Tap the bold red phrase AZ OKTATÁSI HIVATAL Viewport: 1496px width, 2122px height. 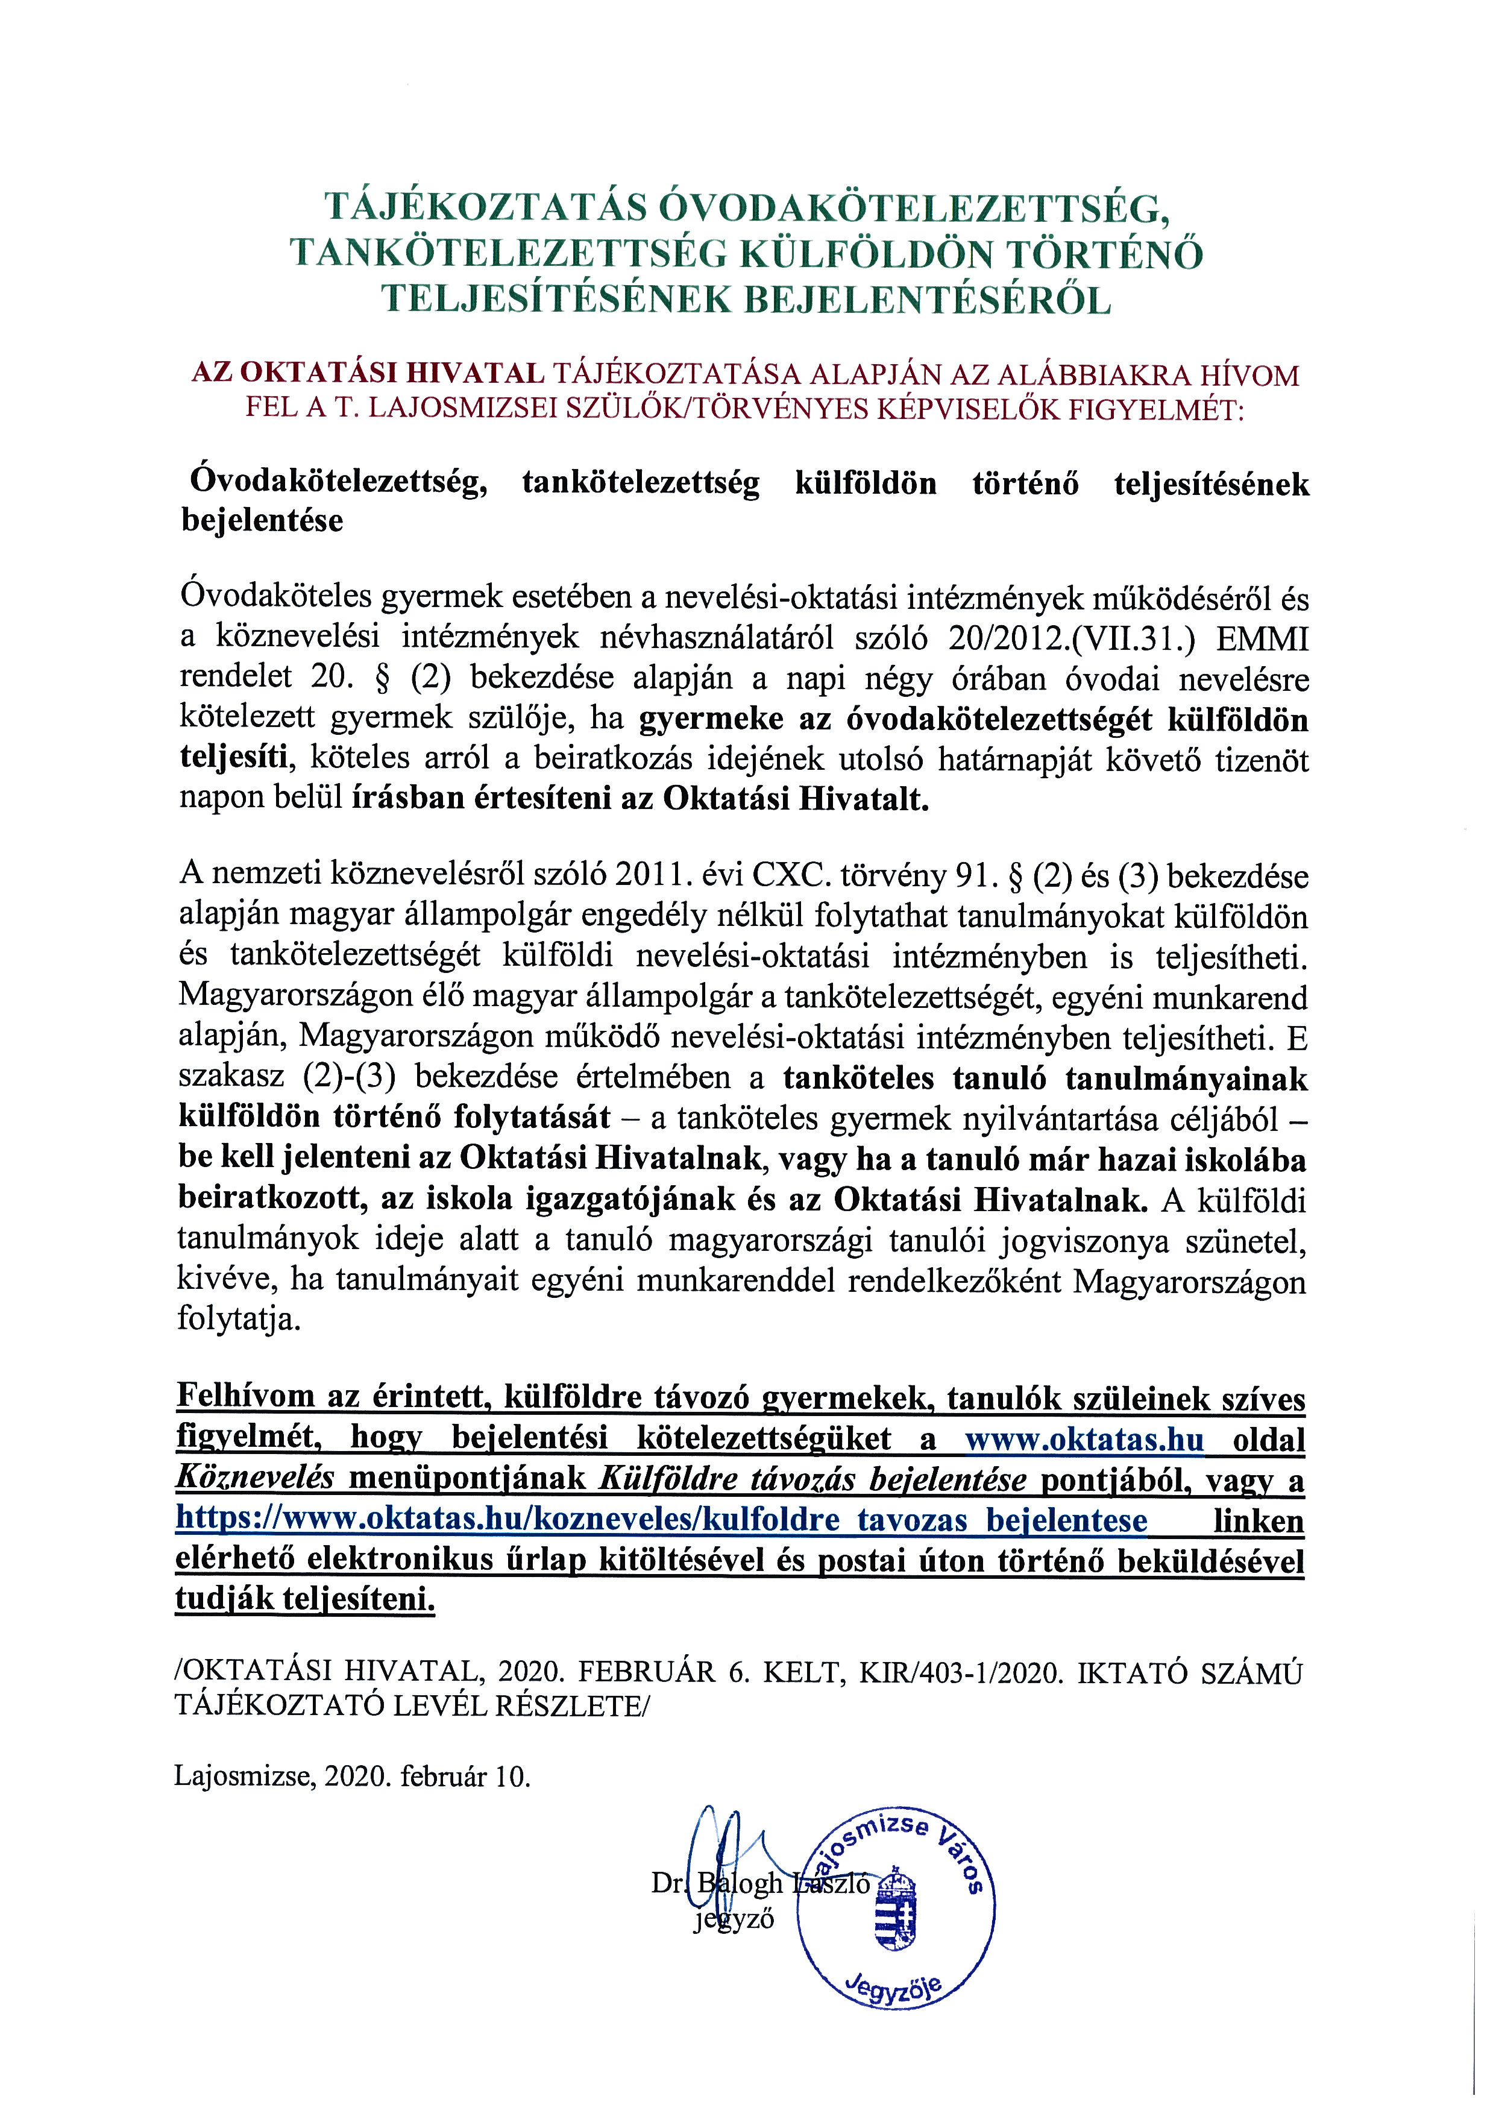[x=367, y=374]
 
